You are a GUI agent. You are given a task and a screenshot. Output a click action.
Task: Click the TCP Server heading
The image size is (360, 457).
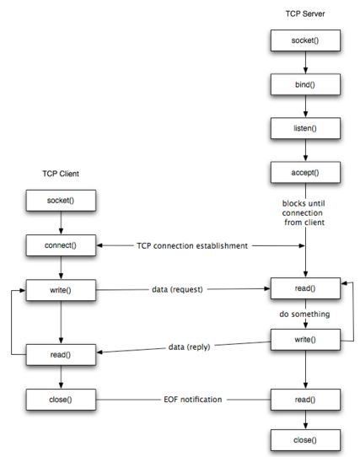(305, 13)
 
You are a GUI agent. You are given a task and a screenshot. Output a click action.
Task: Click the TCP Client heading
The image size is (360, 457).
(61, 174)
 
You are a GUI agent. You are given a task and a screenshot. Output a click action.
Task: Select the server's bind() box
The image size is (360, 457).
(305, 84)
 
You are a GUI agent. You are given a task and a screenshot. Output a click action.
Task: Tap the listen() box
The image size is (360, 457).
(305, 128)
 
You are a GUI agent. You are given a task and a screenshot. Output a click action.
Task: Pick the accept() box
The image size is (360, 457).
(305, 173)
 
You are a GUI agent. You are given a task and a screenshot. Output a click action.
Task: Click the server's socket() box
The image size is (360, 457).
(305, 40)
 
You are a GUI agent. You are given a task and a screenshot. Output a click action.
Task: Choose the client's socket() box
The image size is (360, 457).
(61, 201)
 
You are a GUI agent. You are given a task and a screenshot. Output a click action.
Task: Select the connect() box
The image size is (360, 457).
(61, 245)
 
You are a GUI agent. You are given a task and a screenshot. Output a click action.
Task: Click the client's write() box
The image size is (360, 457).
(61, 290)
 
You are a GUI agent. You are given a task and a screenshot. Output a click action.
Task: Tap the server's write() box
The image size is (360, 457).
(305, 340)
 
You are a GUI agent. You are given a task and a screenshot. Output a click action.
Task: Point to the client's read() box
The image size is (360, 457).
(61, 355)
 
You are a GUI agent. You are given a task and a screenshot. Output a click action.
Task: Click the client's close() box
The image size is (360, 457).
(61, 400)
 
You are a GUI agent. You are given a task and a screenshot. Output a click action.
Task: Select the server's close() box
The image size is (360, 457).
(305, 440)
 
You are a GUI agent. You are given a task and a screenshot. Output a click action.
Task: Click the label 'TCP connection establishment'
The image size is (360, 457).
(192, 245)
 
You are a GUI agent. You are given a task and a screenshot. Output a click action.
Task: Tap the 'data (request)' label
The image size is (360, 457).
(177, 289)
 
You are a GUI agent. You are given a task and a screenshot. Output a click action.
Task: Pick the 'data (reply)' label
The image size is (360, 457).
(189, 347)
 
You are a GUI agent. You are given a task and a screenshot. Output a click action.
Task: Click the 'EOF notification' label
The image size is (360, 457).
(193, 400)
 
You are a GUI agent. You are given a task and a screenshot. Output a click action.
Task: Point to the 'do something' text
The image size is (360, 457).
(304, 314)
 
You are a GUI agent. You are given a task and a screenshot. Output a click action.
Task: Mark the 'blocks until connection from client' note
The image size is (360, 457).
(304, 212)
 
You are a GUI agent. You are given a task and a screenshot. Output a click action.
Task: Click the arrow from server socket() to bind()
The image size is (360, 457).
(305, 62)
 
